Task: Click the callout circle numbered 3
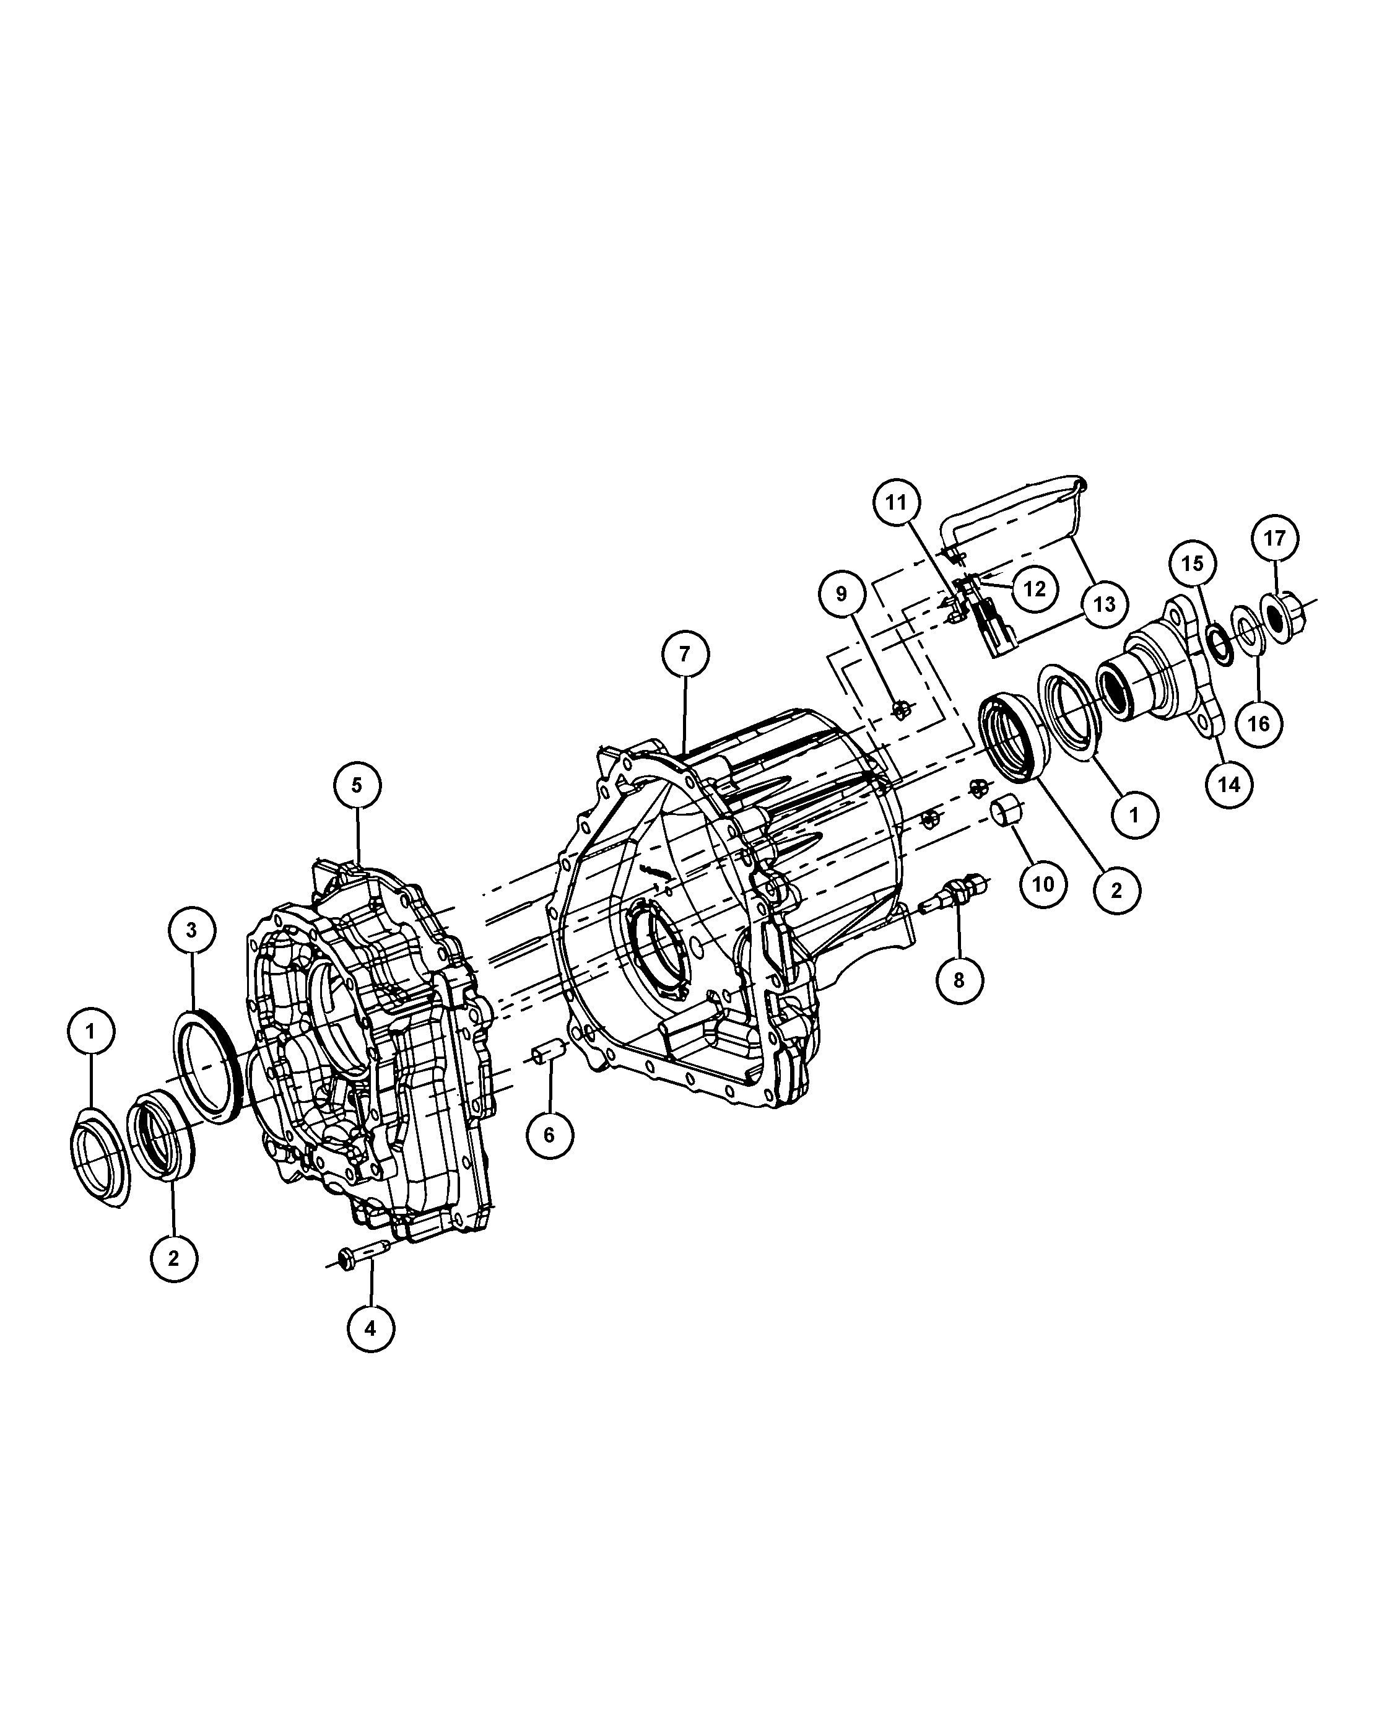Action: [x=191, y=931]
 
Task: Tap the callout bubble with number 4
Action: [x=371, y=1328]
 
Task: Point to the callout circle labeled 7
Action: [x=685, y=655]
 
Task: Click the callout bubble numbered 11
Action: [x=897, y=503]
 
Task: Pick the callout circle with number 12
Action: [x=1035, y=590]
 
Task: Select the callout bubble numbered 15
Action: [x=1193, y=564]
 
